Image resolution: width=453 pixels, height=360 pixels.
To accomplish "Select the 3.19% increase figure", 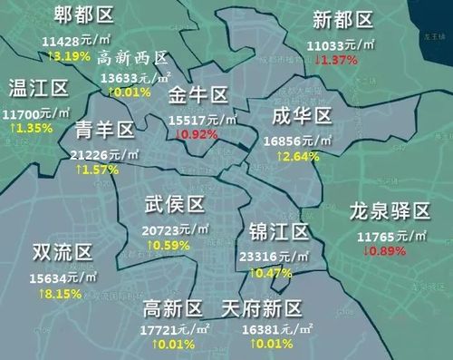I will coord(69,55).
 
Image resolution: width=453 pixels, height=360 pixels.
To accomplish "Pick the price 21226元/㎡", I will coord(105,154).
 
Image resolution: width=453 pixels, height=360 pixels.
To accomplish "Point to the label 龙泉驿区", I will coord(390,213).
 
